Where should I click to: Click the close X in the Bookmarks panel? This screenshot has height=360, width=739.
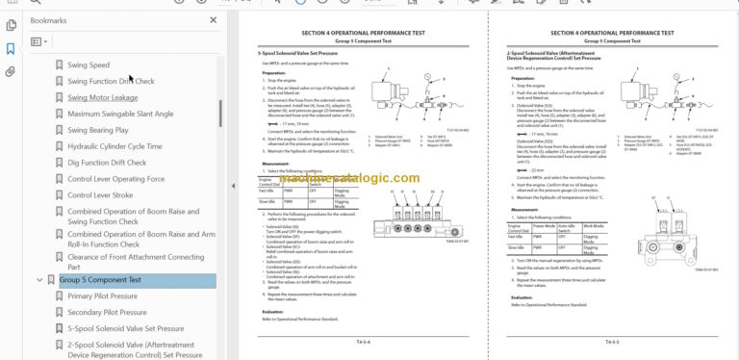tap(213, 19)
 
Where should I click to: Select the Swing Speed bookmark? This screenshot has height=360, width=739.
tap(88, 65)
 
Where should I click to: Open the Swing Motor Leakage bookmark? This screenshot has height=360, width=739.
tap(102, 97)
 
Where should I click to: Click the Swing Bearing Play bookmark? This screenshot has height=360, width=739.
tap(97, 130)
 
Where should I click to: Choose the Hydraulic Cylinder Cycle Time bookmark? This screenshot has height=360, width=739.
tap(115, 146)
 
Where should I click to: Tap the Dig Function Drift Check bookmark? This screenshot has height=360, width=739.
tap(107, 163)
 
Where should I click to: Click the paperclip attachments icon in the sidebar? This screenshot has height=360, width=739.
tap(11, 71)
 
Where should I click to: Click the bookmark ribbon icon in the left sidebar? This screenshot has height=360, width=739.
tap(11, 49)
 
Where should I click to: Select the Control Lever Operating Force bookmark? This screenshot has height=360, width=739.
tap(115, 179)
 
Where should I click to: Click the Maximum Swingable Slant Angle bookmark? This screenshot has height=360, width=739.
tap(120, 114)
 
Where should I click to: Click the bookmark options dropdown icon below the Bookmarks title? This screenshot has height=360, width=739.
tap(38, 42)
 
